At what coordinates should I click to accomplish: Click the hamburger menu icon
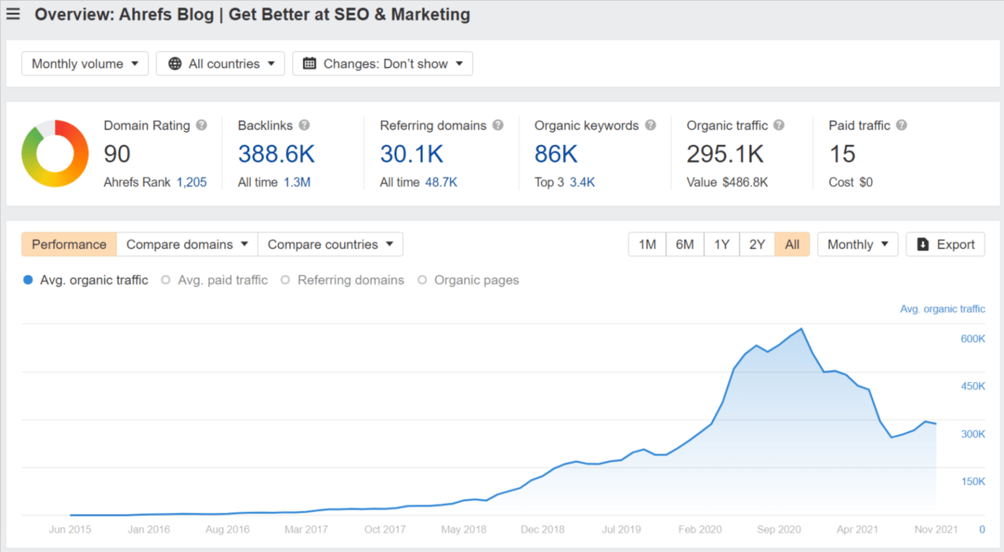pos(13,14)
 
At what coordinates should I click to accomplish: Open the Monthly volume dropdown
pos(85,63)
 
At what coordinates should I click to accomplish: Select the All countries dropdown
pos(220,63)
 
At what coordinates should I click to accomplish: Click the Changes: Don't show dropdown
pos(382,63)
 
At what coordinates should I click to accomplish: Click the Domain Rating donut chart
pos(55,154)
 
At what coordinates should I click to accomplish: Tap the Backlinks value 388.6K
pos(276,154)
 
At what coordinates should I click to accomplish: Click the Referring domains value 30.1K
pos(411,154)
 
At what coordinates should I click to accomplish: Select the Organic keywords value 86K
pos(556,154)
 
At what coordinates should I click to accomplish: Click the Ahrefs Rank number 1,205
pos(192,182)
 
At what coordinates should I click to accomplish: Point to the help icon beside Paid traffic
pos(901,125)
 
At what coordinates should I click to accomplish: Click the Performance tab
pos(69,245)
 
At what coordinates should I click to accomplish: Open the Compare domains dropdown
pos(187,245)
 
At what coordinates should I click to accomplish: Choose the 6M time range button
pos(684,245)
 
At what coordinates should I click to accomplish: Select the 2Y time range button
pos(757,245)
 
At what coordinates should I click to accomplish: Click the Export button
pos(945,245)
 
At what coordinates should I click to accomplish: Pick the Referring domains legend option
pos(343,280)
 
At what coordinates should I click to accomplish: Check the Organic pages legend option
pos(469,280)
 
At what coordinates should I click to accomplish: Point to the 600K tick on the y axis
pos(972,339)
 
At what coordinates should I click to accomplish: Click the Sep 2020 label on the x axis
pos(778,529)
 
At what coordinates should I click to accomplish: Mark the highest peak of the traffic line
pos(801,329)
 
